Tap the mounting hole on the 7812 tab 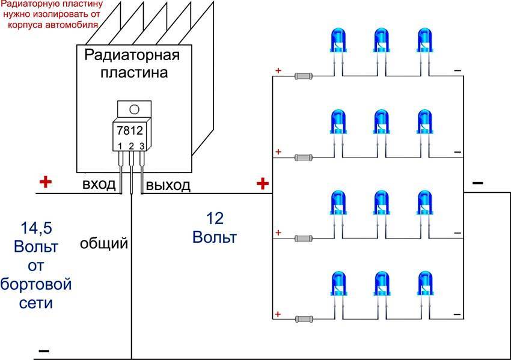click(133, 109)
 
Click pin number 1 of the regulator click(120, 146)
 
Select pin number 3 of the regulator click(141, 146)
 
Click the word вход click(99, 184)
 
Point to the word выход click(169, 185)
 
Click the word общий click(104, 243)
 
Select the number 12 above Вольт click(215, 218)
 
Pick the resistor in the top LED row click(304, 76)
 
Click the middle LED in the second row click(381, 123)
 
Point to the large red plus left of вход click(45, 182)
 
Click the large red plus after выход click(262, 183)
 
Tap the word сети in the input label click(35, 303)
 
